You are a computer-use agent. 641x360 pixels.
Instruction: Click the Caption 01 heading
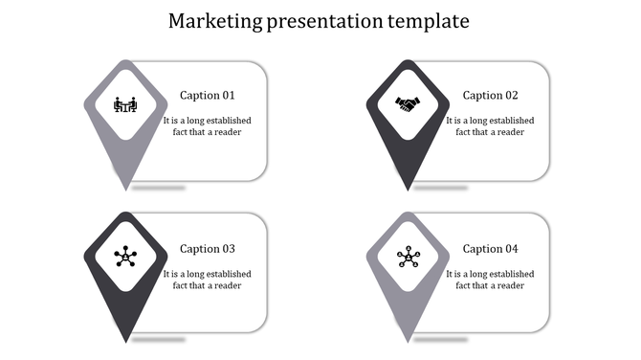pos(207,95)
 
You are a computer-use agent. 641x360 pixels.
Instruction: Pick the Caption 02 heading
pos(490,95)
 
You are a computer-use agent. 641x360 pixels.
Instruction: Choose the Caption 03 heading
pos(207,249)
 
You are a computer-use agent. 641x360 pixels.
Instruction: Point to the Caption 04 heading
pos(490,249)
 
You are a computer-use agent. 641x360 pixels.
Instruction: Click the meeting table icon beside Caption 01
pos(125,103)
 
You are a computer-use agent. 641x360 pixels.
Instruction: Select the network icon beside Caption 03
pos(125,257)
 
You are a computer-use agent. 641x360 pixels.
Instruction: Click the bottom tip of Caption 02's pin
pos(409,186)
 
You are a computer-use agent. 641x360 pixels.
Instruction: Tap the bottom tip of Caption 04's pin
pos(409,339)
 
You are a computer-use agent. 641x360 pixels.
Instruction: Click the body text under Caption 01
pos(207,126)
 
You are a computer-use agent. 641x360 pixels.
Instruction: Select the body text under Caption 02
pos(490,126)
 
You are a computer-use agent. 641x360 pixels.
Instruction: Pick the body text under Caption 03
pos(207,280)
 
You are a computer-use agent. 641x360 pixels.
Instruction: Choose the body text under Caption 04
pos(490,280)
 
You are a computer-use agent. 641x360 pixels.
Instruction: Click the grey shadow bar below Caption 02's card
pos(440,188)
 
